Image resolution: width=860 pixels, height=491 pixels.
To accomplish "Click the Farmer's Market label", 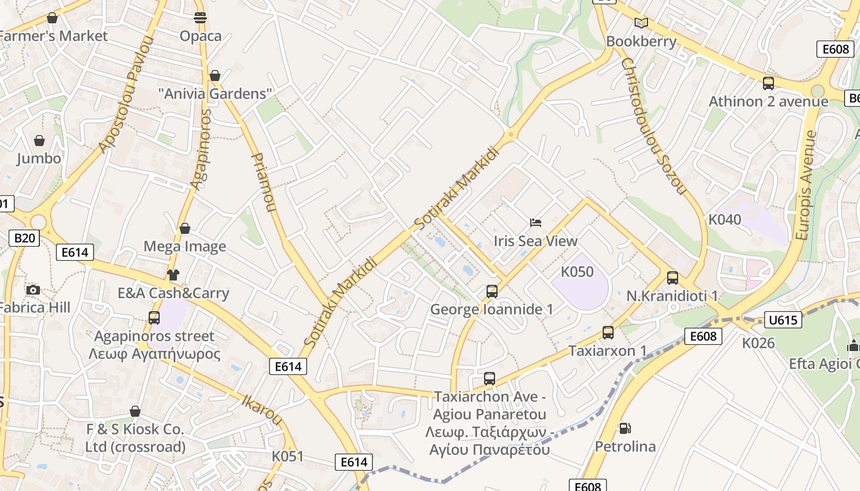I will (54, 36).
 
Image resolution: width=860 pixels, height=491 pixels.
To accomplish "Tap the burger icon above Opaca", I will (200, 18).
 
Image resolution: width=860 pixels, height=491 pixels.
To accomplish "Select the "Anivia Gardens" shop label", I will (215, 94).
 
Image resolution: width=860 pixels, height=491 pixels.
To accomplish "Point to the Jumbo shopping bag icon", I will (39, 141).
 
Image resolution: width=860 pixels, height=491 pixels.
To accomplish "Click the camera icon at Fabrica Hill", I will (33, 290).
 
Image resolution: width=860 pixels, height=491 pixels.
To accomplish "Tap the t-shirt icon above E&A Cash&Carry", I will (173, 274).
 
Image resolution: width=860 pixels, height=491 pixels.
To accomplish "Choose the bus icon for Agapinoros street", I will (154, 317).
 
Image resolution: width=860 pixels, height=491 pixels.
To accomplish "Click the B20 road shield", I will (25, 238).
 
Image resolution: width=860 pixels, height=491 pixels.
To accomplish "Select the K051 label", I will (287, 457).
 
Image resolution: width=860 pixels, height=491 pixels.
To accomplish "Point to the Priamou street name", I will (262, 182).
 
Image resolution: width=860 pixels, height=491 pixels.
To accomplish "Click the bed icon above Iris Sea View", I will (536, 222).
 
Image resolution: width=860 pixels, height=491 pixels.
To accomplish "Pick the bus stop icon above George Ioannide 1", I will (491, 292).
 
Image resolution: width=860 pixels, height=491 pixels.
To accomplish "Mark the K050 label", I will (577, 271).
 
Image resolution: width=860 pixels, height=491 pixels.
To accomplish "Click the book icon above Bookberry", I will (641, 23).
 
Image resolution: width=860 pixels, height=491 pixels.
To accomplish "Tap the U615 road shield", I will (783, 319).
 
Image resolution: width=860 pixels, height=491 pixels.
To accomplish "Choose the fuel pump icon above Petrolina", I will (625, 428).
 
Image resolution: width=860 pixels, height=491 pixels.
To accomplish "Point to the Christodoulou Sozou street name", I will (653, 126).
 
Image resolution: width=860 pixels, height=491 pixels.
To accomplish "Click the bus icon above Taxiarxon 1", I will (608, 333).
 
